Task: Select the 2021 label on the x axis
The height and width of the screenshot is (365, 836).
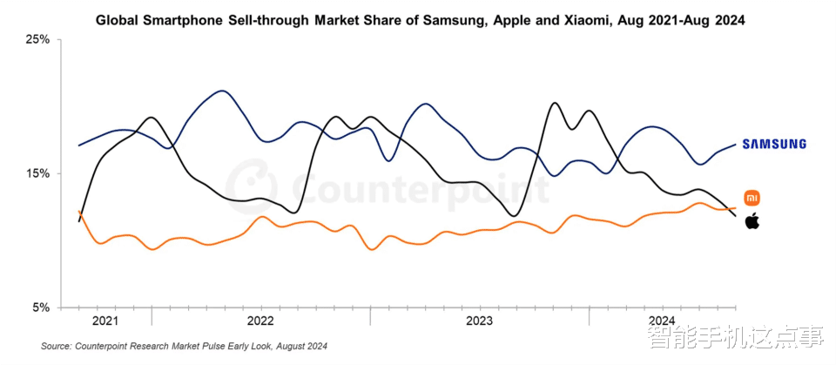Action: click(x=104, y=321)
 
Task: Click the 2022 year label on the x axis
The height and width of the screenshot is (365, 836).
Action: click(x=260, y=321)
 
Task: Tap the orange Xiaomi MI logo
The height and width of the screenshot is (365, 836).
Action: click(x=752, y=197)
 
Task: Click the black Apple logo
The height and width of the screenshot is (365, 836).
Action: click(x=752, y=221)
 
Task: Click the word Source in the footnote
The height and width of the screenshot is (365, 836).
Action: click(x=57, y=347)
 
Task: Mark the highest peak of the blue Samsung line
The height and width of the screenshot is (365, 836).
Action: click(x=222, y=91)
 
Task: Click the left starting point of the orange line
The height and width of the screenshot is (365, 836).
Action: click(x=79, y=211)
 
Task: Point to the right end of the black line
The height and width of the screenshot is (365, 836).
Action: click(x=736, y=215)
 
